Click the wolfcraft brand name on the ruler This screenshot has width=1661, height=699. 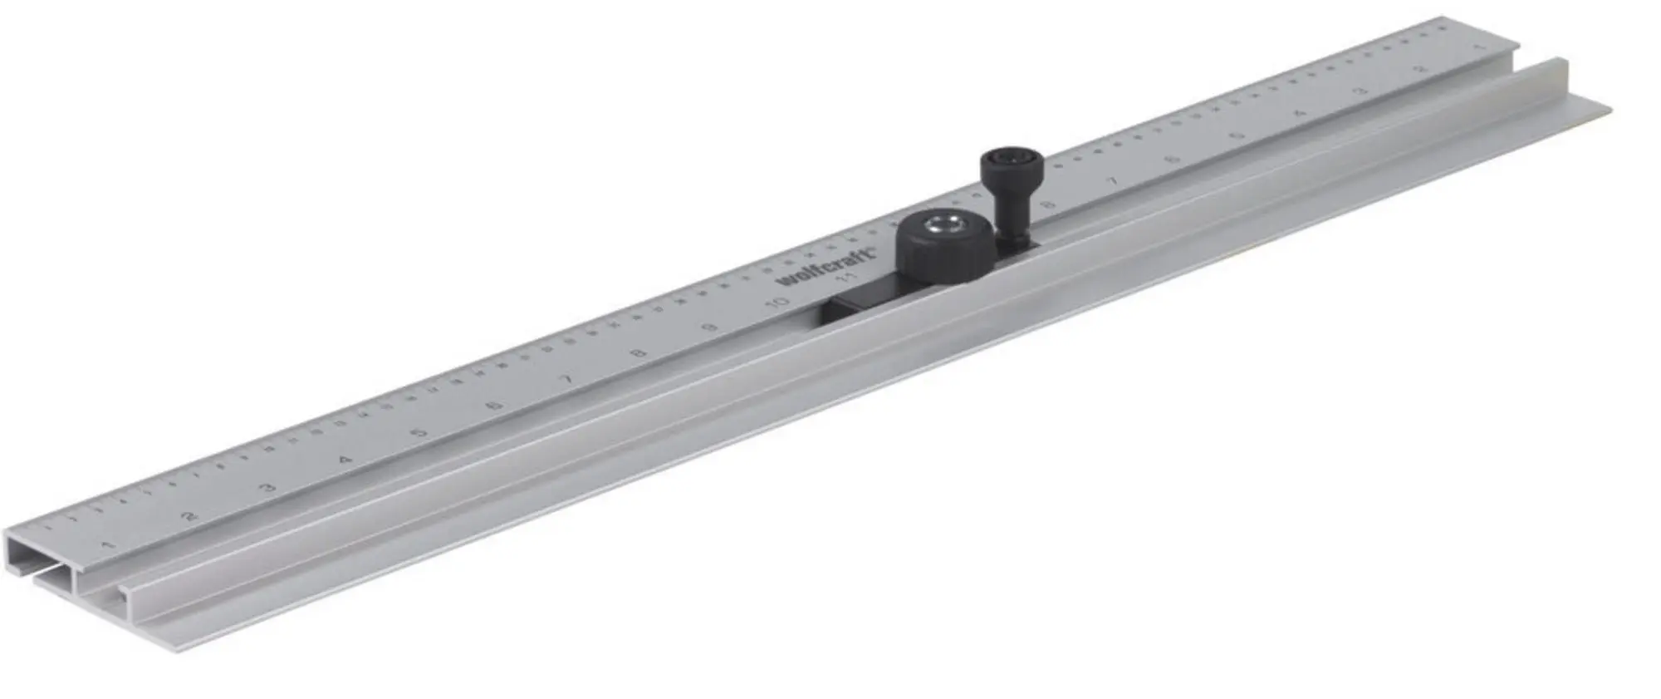827,267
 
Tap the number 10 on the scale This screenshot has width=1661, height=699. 778,303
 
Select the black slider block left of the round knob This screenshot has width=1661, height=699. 855,308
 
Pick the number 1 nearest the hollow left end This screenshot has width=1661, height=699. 105,545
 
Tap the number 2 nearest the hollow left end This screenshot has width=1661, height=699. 189,516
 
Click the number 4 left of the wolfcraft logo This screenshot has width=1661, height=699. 345,459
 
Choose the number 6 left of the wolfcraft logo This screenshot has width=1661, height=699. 495,406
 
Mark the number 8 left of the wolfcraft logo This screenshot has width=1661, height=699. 639,354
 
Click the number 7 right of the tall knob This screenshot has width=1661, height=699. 1113,181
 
